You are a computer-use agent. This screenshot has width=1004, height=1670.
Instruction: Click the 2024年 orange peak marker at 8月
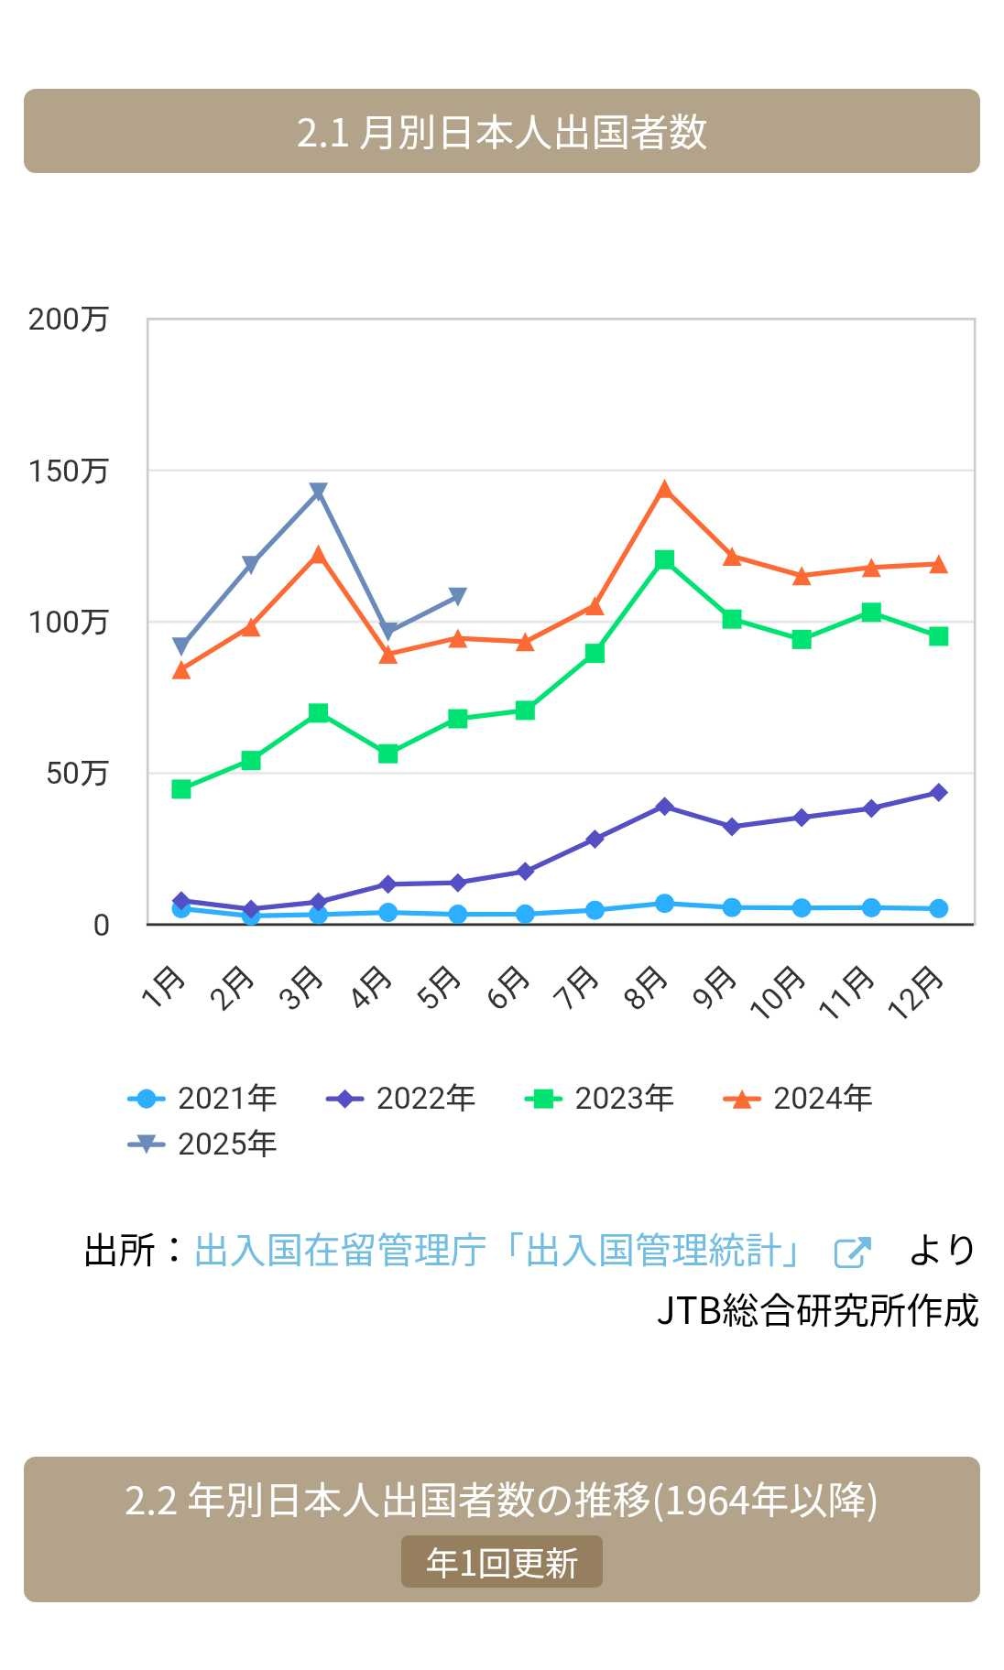point(665,490)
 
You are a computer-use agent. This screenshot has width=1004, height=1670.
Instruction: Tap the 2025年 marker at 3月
point(318,492)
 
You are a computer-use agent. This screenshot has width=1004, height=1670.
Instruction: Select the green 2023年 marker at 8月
point(665,559)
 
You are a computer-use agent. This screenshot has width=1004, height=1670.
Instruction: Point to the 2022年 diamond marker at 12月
point(938,792)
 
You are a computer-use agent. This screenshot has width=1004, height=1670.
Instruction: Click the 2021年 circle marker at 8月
point(665,904)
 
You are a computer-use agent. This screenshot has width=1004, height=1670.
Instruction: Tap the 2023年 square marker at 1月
point(181,789)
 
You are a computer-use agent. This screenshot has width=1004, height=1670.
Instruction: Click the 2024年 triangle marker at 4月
point(388,655)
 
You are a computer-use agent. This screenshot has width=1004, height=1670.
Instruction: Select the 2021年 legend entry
point(202,1098)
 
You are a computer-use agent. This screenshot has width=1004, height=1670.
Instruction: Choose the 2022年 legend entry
point(401,1098)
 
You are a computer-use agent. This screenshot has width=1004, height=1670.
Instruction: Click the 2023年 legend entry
point(600,1098)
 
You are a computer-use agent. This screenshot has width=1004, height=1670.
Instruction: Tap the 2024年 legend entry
point(798,1098)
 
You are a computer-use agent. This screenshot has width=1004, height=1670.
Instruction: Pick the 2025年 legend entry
point(202,1144)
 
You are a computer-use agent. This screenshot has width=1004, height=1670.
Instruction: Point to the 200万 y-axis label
point(69,320)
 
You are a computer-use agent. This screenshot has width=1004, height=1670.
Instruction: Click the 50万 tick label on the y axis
point(77,774)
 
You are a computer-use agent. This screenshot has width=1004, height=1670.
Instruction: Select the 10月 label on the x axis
point(778,992)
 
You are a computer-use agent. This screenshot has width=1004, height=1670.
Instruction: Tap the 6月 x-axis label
point(509,988)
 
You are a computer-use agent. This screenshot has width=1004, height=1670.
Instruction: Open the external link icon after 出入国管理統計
point(852,1252)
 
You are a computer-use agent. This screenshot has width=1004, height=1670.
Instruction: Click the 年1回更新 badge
point(502,1562)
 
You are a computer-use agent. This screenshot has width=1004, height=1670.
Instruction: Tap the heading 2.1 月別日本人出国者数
point(502,131)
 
